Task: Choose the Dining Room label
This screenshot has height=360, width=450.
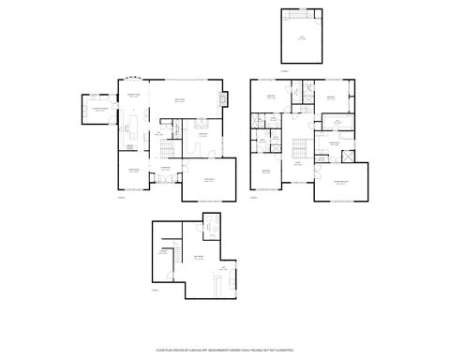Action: (x=133, y=170)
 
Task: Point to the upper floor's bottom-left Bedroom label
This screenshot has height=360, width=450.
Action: (x=265, y=171)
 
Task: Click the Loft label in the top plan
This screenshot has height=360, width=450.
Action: (x=302, y=36)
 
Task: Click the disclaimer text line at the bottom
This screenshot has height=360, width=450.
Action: (x=225, y=349)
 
